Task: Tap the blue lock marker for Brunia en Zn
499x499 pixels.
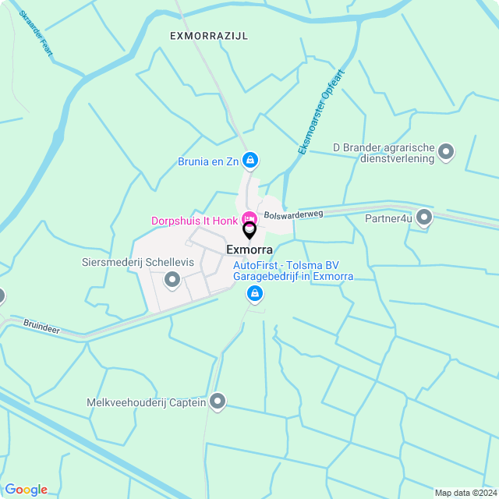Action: pos(249,161)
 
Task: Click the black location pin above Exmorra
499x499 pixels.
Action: pos(249,230)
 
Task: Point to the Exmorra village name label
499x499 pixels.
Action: pos(249,249)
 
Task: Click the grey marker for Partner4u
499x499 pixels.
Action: pos(424,218)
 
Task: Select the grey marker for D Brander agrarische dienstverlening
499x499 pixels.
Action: pos(446,152)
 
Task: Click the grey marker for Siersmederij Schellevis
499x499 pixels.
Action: pos(172,278)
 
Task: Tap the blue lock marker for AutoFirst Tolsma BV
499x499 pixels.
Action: pos(253,294)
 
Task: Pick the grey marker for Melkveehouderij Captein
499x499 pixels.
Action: pos(218,402)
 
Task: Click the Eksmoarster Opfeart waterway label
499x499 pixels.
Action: pos(320,111)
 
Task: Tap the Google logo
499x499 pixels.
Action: pos(26,489)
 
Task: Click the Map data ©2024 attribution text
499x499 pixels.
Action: pos(464,492)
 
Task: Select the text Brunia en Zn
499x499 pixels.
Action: pos(208,161)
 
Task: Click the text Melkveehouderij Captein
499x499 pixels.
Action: pos(146,402)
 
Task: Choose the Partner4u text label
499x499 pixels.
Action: pos(388,218)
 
